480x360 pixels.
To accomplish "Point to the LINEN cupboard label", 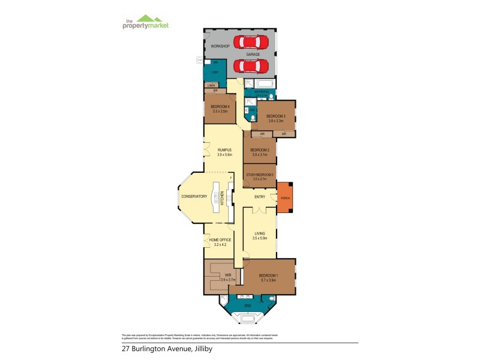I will click(211, 86).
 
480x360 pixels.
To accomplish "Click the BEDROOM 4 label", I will click(221, 106).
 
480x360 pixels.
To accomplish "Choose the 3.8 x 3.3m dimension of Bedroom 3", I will click(275, 121).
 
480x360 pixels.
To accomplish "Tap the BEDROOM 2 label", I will click(259, 149).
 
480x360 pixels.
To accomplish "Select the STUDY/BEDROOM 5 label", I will click(259, 175).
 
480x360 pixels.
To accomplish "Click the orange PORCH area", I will click(285, 197).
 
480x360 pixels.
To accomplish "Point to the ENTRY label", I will click(260, 196).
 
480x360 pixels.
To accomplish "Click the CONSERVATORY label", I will click(194, 196).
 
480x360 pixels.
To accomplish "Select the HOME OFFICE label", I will click(220, 239).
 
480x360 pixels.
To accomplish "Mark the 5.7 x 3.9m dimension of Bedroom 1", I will click(269, 280).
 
